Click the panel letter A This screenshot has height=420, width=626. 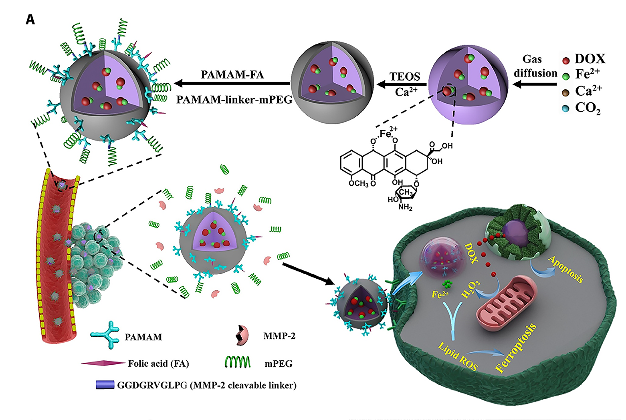coord(30,19)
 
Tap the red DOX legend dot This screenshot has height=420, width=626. coord(566,61)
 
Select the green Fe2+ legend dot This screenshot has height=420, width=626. coord(566,76)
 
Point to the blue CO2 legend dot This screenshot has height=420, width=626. coord(566,109)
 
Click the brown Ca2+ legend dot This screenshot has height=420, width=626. coord(566,92)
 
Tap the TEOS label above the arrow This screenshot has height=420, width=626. coord(405,76)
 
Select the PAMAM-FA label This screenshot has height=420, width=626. coord(232,75)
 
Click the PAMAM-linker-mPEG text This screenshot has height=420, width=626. coord(234,99)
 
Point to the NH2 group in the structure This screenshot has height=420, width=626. coord(405,207)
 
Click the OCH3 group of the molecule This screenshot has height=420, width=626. coord(358,183)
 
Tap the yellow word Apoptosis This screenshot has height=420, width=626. coord(565,269)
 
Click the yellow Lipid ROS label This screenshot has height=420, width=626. coord(457,356)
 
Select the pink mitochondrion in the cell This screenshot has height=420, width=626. coord(506,303)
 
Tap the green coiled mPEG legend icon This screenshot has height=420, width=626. coord(238,362)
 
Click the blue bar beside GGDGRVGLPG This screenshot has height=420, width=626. coord(105,385)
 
